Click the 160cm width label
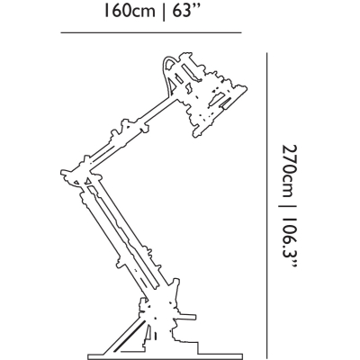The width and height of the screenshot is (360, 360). [x=130, y=11]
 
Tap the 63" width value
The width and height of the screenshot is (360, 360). [x=186, y=11]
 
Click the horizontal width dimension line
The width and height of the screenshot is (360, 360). [x=151, y=32]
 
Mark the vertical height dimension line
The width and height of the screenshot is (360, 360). [x=266, y=206]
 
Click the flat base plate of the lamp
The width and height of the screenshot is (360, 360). [x=165, y=356]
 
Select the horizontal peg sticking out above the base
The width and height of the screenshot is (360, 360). [x=186, y=317]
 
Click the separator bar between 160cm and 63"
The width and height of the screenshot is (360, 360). [x=164, y=12]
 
